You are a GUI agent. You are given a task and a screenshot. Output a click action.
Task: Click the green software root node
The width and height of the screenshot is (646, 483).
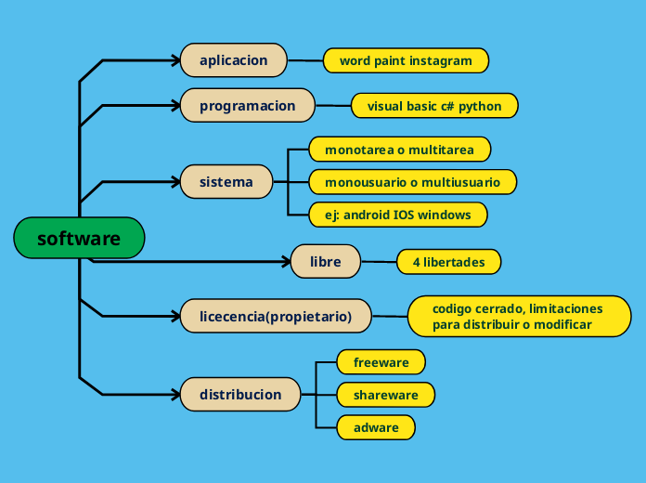click(79, 238)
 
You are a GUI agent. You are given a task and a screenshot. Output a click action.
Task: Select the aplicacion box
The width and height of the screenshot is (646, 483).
click(233, 60)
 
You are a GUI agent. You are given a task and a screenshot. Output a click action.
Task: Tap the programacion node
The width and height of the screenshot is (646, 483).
click(247, 106)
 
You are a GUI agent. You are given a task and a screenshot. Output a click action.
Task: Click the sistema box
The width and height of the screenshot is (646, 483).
click(226, 181)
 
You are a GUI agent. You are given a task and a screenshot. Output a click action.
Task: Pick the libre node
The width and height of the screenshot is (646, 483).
click(325, 262)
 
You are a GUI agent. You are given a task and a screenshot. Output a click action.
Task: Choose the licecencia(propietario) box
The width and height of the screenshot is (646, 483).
click(276, 316)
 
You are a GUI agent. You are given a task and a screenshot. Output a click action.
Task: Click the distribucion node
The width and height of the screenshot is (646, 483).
click(240, 394)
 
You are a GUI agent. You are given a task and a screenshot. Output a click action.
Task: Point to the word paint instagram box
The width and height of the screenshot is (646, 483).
click(406, 60)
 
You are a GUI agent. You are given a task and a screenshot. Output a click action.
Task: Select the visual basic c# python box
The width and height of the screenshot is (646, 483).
click(433, 106)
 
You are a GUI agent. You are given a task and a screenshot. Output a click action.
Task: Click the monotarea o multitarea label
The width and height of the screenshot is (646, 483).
click(399, 149)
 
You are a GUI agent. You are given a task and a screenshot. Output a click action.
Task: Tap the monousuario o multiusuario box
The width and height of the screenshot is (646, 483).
click(412, 182)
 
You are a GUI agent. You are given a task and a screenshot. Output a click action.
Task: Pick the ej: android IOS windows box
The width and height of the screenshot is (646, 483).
click(398, 215)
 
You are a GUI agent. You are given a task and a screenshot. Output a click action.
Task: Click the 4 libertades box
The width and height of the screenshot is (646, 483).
click(448, 262)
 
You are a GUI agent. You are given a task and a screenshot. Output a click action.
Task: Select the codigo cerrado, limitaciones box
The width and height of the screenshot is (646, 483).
click(519, 316)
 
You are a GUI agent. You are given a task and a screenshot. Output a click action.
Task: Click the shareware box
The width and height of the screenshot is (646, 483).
click(385, 395)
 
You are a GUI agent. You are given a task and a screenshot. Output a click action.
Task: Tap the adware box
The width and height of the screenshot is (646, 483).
click(376, 427)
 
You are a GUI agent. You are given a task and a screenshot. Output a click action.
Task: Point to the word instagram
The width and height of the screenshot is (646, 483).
click(442, 60)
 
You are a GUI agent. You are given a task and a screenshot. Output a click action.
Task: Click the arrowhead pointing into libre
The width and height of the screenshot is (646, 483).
click(285, 262)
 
